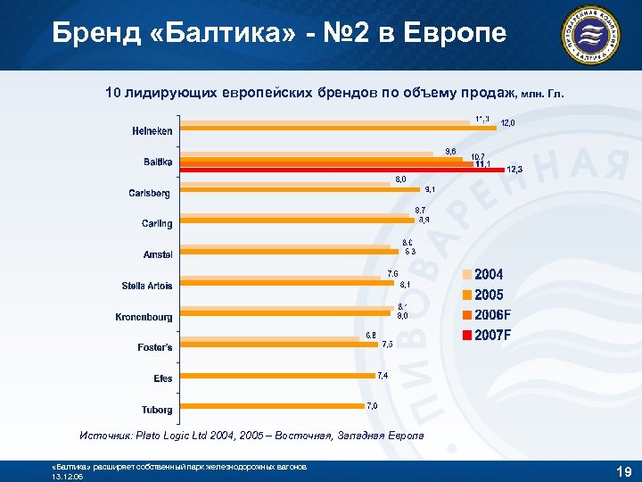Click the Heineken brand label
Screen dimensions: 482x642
(152, 131)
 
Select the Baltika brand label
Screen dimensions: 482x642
(158, 162)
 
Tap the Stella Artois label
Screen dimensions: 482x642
(147, 286)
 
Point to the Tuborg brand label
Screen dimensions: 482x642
(157, 409)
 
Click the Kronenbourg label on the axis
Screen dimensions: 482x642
(144, 316)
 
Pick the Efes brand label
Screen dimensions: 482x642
(162, 378)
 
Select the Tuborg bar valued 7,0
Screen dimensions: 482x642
(272, 406)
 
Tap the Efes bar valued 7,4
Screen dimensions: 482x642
(277, 376)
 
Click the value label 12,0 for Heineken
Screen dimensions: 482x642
(507, 122)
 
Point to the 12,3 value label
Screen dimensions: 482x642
(514, 170)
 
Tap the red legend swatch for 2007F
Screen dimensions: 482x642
(466, 336)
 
